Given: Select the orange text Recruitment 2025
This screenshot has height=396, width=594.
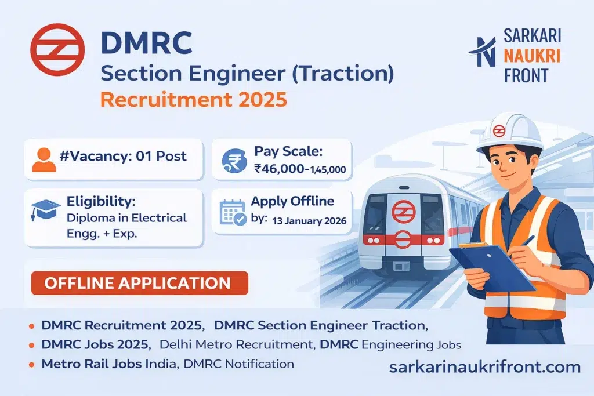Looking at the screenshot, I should pos(194,99).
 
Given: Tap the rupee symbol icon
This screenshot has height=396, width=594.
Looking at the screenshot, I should pos(236,159).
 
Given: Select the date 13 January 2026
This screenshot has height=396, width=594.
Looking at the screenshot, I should pos(308,221).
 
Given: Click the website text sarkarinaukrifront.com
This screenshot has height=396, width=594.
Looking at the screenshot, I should pos(484,366).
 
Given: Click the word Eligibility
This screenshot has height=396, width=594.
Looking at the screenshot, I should pos(99,203).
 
